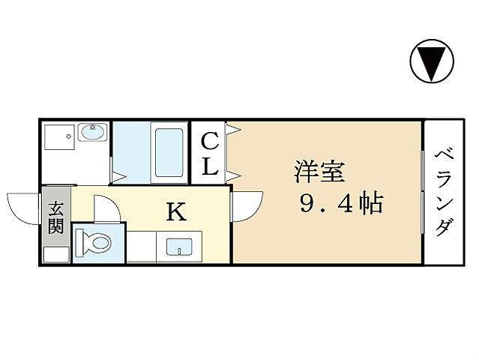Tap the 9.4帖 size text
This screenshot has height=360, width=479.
tap(341, 203)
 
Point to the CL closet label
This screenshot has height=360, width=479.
tap(211, 153)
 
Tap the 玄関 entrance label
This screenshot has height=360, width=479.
tap(55, 218)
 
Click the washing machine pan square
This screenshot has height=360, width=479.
tap(58, 139)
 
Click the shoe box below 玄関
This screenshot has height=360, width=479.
tap(56, 253)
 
